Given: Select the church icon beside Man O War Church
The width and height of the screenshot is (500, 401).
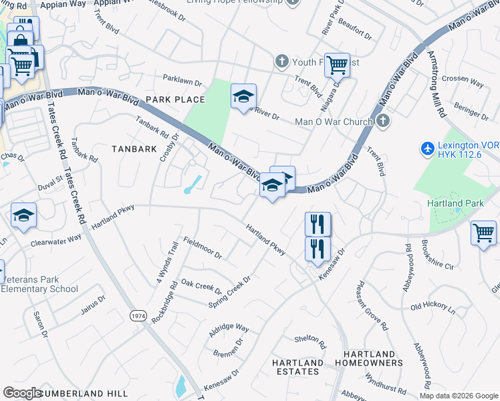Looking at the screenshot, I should [x=382, y=121].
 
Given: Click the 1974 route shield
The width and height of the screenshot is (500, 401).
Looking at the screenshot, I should [x=138, y=316].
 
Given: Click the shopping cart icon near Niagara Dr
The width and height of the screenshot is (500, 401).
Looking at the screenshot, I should [x=337, y=65].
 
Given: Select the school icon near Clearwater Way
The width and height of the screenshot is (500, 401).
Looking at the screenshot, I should [x=23, y=215].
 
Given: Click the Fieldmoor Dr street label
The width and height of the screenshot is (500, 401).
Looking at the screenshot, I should [x=202, y=249].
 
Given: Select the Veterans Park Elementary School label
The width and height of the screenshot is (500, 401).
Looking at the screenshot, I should [x=39, y=284].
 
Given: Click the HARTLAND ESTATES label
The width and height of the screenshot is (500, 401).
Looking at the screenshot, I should [x=297, y=367].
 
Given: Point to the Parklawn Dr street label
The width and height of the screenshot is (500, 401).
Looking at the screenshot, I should [x=182, y=82].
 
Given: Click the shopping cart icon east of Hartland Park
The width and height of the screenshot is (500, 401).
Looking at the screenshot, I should [x=483, y=233].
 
